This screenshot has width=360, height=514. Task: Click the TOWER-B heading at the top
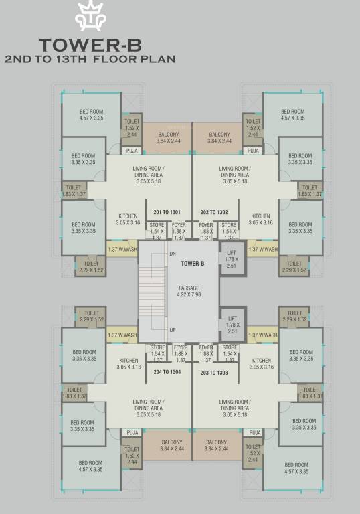90,46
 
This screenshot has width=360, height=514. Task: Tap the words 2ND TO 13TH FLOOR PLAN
90,59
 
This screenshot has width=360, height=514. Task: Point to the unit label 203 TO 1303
214,371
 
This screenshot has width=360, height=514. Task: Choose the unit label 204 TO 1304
167,371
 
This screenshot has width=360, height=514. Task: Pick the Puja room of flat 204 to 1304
132,433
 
